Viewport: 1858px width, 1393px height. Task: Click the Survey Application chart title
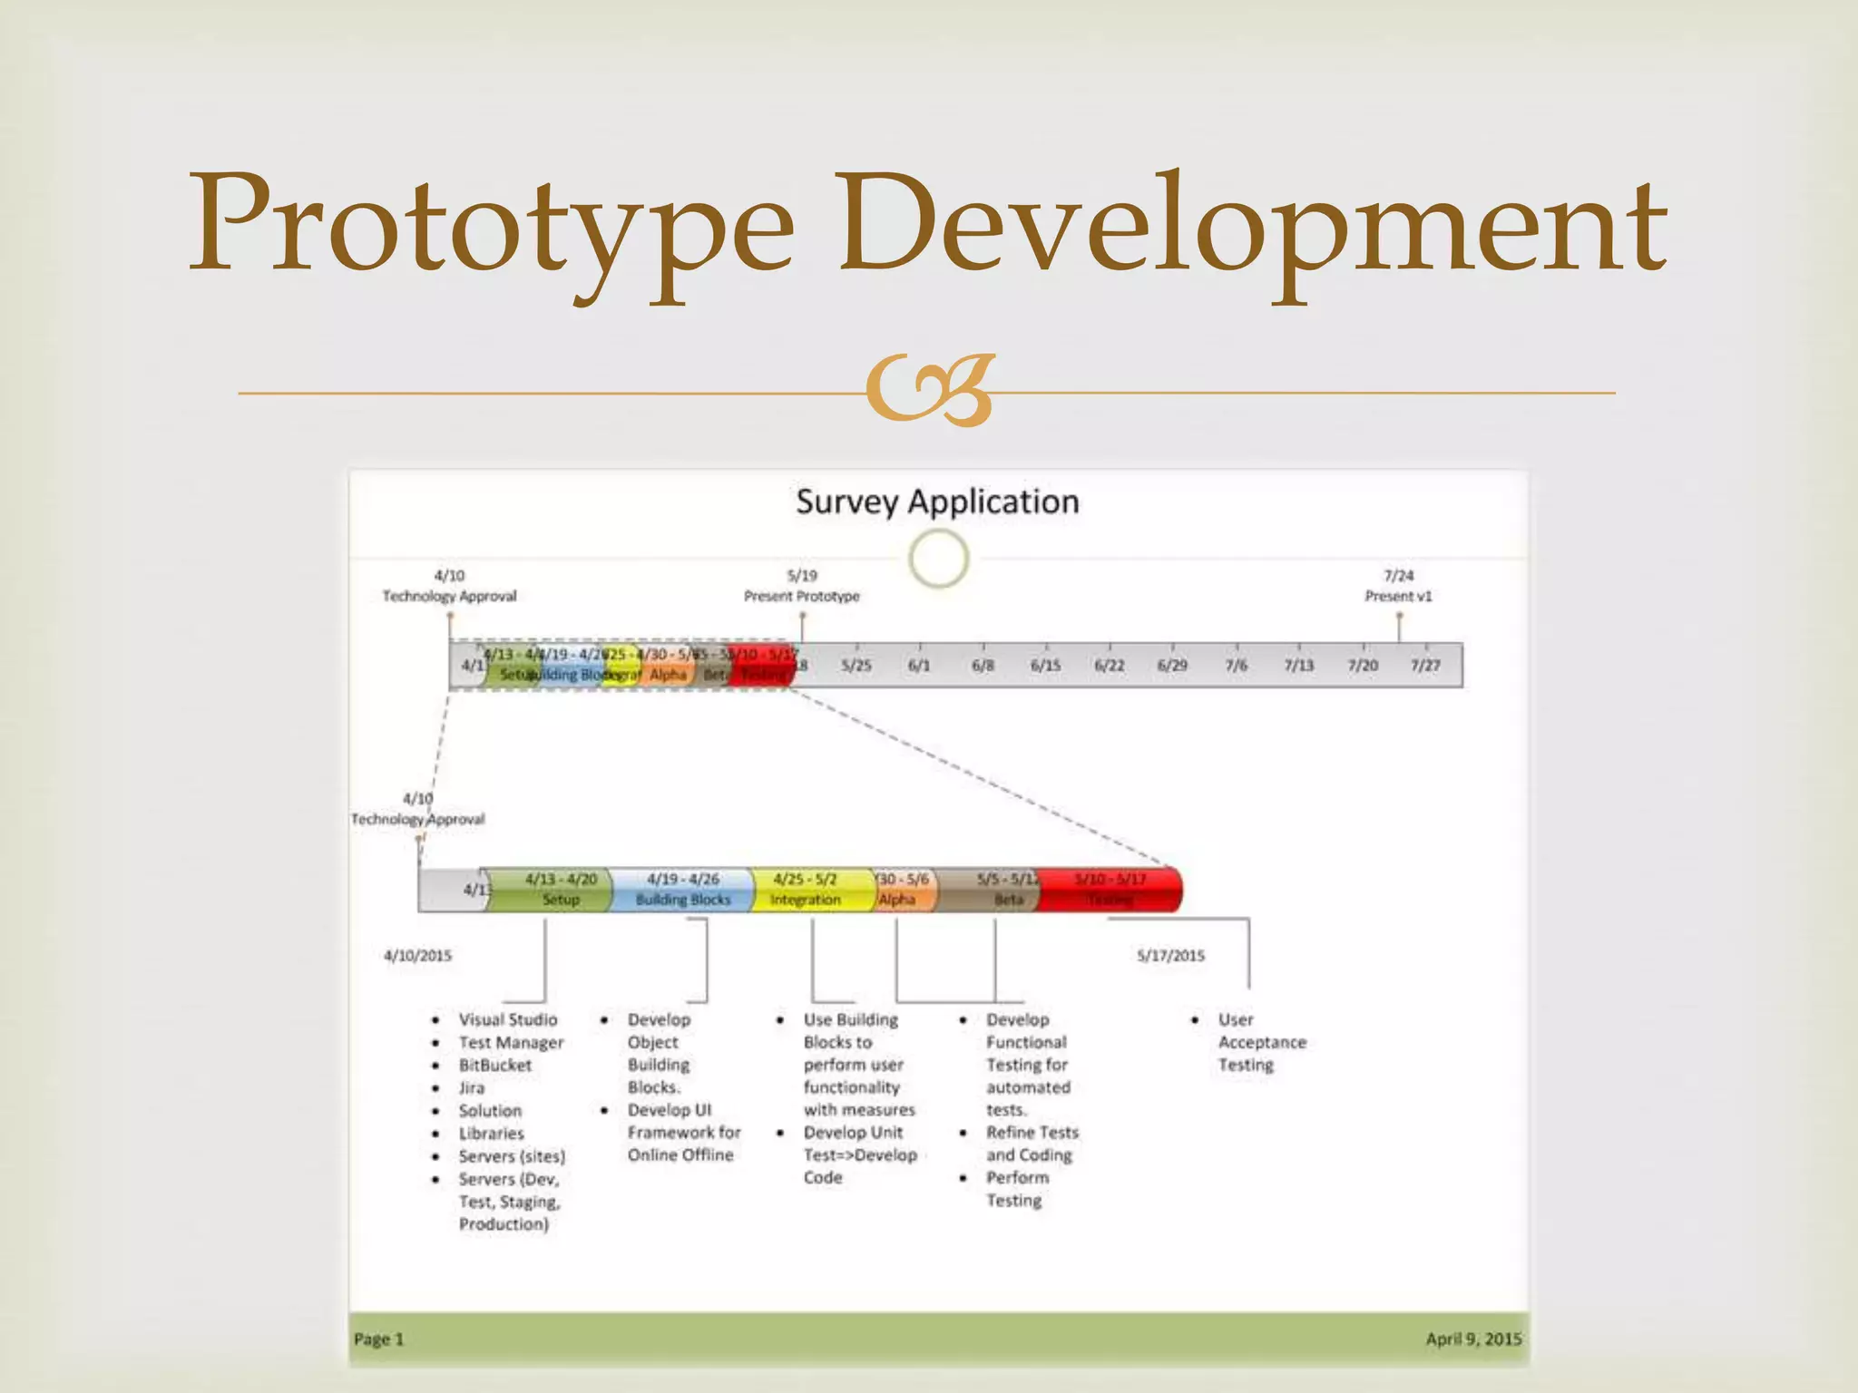pyautogui.click(x=937, y=502)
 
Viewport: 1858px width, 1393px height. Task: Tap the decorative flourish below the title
pyautogui.click(x=931, y=392)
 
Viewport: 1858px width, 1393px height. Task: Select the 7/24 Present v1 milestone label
pyautogui.click(x=1398, y=586)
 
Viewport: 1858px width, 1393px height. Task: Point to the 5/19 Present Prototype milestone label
pyautogui.click(x=801, y=586)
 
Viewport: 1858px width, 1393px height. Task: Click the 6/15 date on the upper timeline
pyautogui.click(x=1045, y=666)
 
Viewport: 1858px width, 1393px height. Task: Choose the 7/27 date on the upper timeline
pyautogui.click(x=1425, y=666)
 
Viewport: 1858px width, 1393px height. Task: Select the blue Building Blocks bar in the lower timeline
pyautogui.click(x=682, y=890)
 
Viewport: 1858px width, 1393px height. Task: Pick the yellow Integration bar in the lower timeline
pyautogui.click(x=806, y=890)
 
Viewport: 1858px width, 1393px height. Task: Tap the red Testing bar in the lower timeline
pyautogui.click(x=1110, y=890)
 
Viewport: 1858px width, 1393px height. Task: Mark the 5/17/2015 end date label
pyautogui.click(x=1170, y=956)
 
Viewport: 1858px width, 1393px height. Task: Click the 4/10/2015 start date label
pyautogui.click(x=417, y=956)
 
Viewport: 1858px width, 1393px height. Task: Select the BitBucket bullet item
pyautogui.click(x=494, y=1066)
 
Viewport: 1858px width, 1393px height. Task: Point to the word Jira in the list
pyautogui.click(x=472, y=1088)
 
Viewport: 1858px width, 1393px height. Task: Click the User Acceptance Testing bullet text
pyautogui.click(x=1262, y=1042)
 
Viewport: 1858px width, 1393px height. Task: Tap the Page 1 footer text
pyautogui.click(x=378, y=1339)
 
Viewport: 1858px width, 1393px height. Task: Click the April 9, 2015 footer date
pyautogui.click(x=1473, y=1339)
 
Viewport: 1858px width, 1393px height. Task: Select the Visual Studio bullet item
pyautogui.click(x=508, y=1020)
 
